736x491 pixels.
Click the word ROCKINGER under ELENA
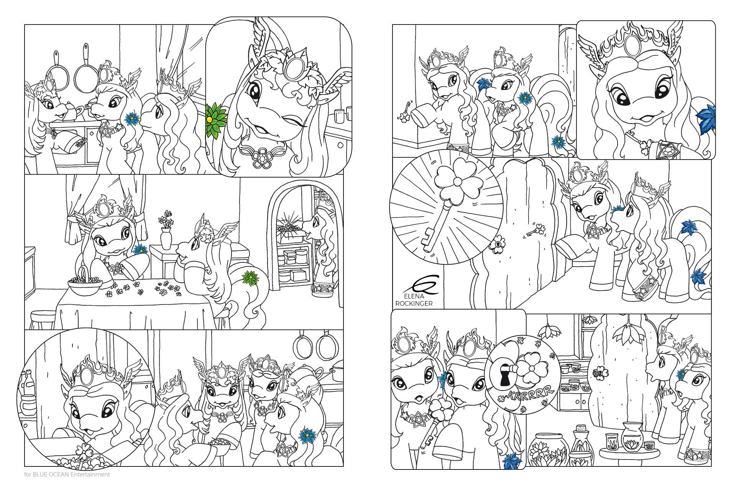coord(414,304)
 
